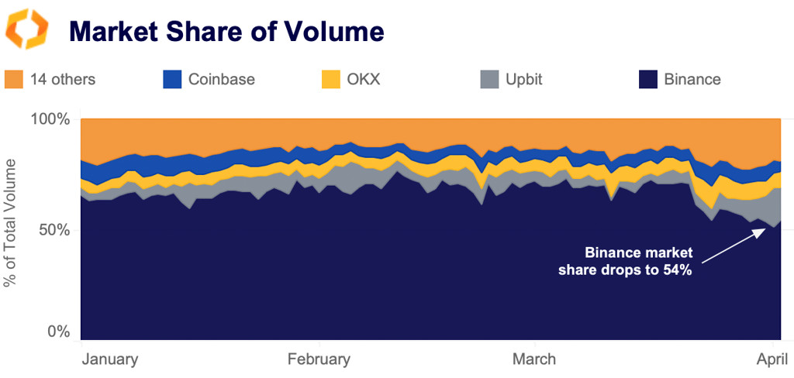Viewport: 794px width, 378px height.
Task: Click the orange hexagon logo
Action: pyautogui.click(x=27, y=29)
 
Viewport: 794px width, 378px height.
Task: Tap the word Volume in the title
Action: pyautogui.click(x=337, y=31)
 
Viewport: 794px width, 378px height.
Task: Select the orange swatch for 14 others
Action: pyautogui.click(x=14, y=79)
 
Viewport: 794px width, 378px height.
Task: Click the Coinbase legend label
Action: pyautogui.click(x=221, y=79)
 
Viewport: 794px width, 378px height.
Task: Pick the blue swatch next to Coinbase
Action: pyautogui.click(x=172, y=79)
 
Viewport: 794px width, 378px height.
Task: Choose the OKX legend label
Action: pyautogui.click(x=364, y=79)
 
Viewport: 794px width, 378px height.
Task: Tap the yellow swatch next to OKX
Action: pyautogui.click(x=331, y=79)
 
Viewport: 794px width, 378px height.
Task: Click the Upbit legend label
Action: pyautogui.click(x=523, y=79)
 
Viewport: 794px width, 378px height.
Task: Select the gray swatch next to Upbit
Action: pyautogui.click(x=488, y=79)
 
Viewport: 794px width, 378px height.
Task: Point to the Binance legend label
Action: pyautogui.click(x=692, y=79)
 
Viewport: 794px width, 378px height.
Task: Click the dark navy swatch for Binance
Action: pyautogui.click(x=648, y=79)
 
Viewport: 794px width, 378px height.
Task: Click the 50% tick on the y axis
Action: pyautogui.click(x=54, y=230)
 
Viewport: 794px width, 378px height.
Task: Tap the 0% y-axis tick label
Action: pyautogui.click(x=58, y=332)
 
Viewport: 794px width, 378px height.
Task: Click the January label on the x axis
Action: pyautogui.click(x=109, y=359)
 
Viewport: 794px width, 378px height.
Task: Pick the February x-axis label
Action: pyautogui.click(x=319, y=359)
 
